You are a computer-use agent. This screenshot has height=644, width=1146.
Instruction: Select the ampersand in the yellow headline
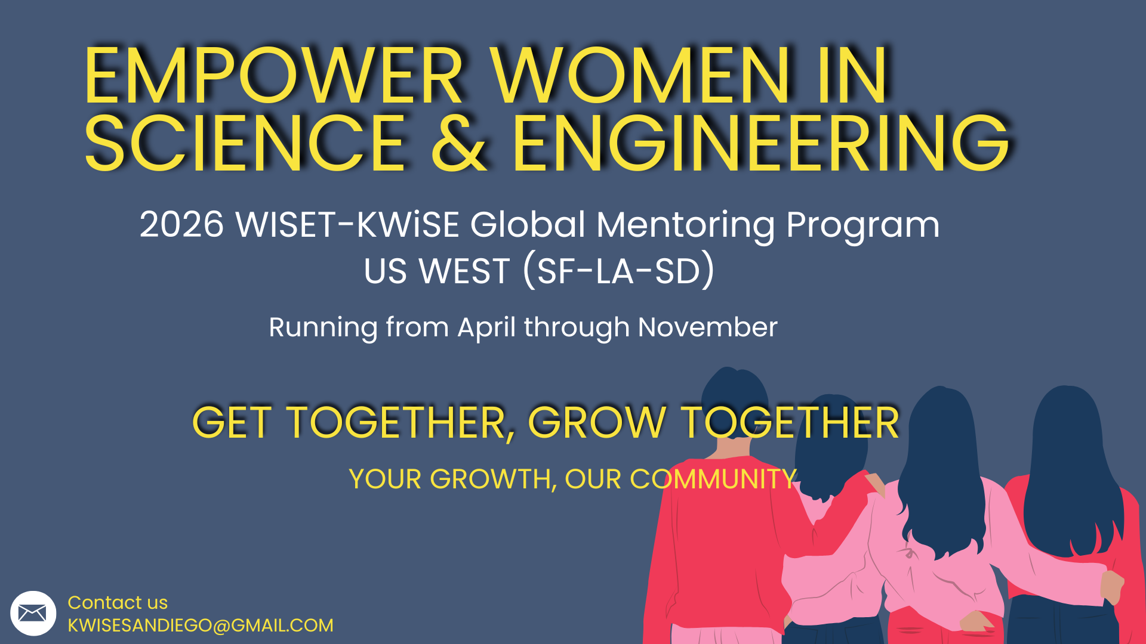click(x=459, y=143)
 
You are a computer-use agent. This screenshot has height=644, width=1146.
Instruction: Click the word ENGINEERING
click(x=762, y=143)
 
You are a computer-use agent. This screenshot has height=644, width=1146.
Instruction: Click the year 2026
click(x=182, y=225)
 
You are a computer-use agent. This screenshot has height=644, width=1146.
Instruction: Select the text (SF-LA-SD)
click(x=618, y=271)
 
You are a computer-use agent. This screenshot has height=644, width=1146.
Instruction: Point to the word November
click(x=708, y=327)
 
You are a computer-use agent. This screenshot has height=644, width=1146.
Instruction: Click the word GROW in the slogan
click(x=597, y=423)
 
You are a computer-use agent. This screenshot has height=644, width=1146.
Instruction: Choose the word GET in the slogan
click(x=232, y=423)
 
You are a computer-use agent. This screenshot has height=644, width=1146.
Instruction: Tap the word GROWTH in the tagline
click(x=490, y=479)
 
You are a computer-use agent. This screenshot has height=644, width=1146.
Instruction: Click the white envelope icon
click(x=33, y=613)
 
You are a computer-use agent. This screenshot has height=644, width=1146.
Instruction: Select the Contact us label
click(x=118, y=602)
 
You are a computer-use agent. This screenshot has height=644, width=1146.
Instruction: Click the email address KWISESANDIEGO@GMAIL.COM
click(x=201, y=626)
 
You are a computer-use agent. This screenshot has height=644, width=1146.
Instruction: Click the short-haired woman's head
click(x=734, y=405)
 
